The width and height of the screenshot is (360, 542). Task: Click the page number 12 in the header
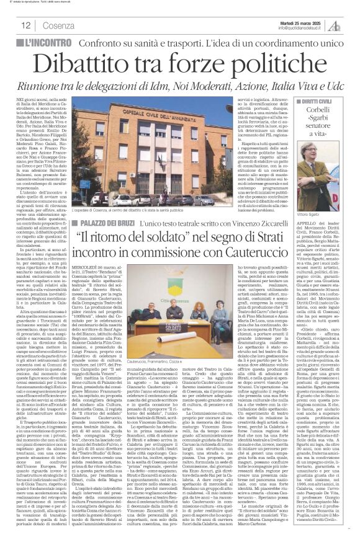point(26,25)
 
